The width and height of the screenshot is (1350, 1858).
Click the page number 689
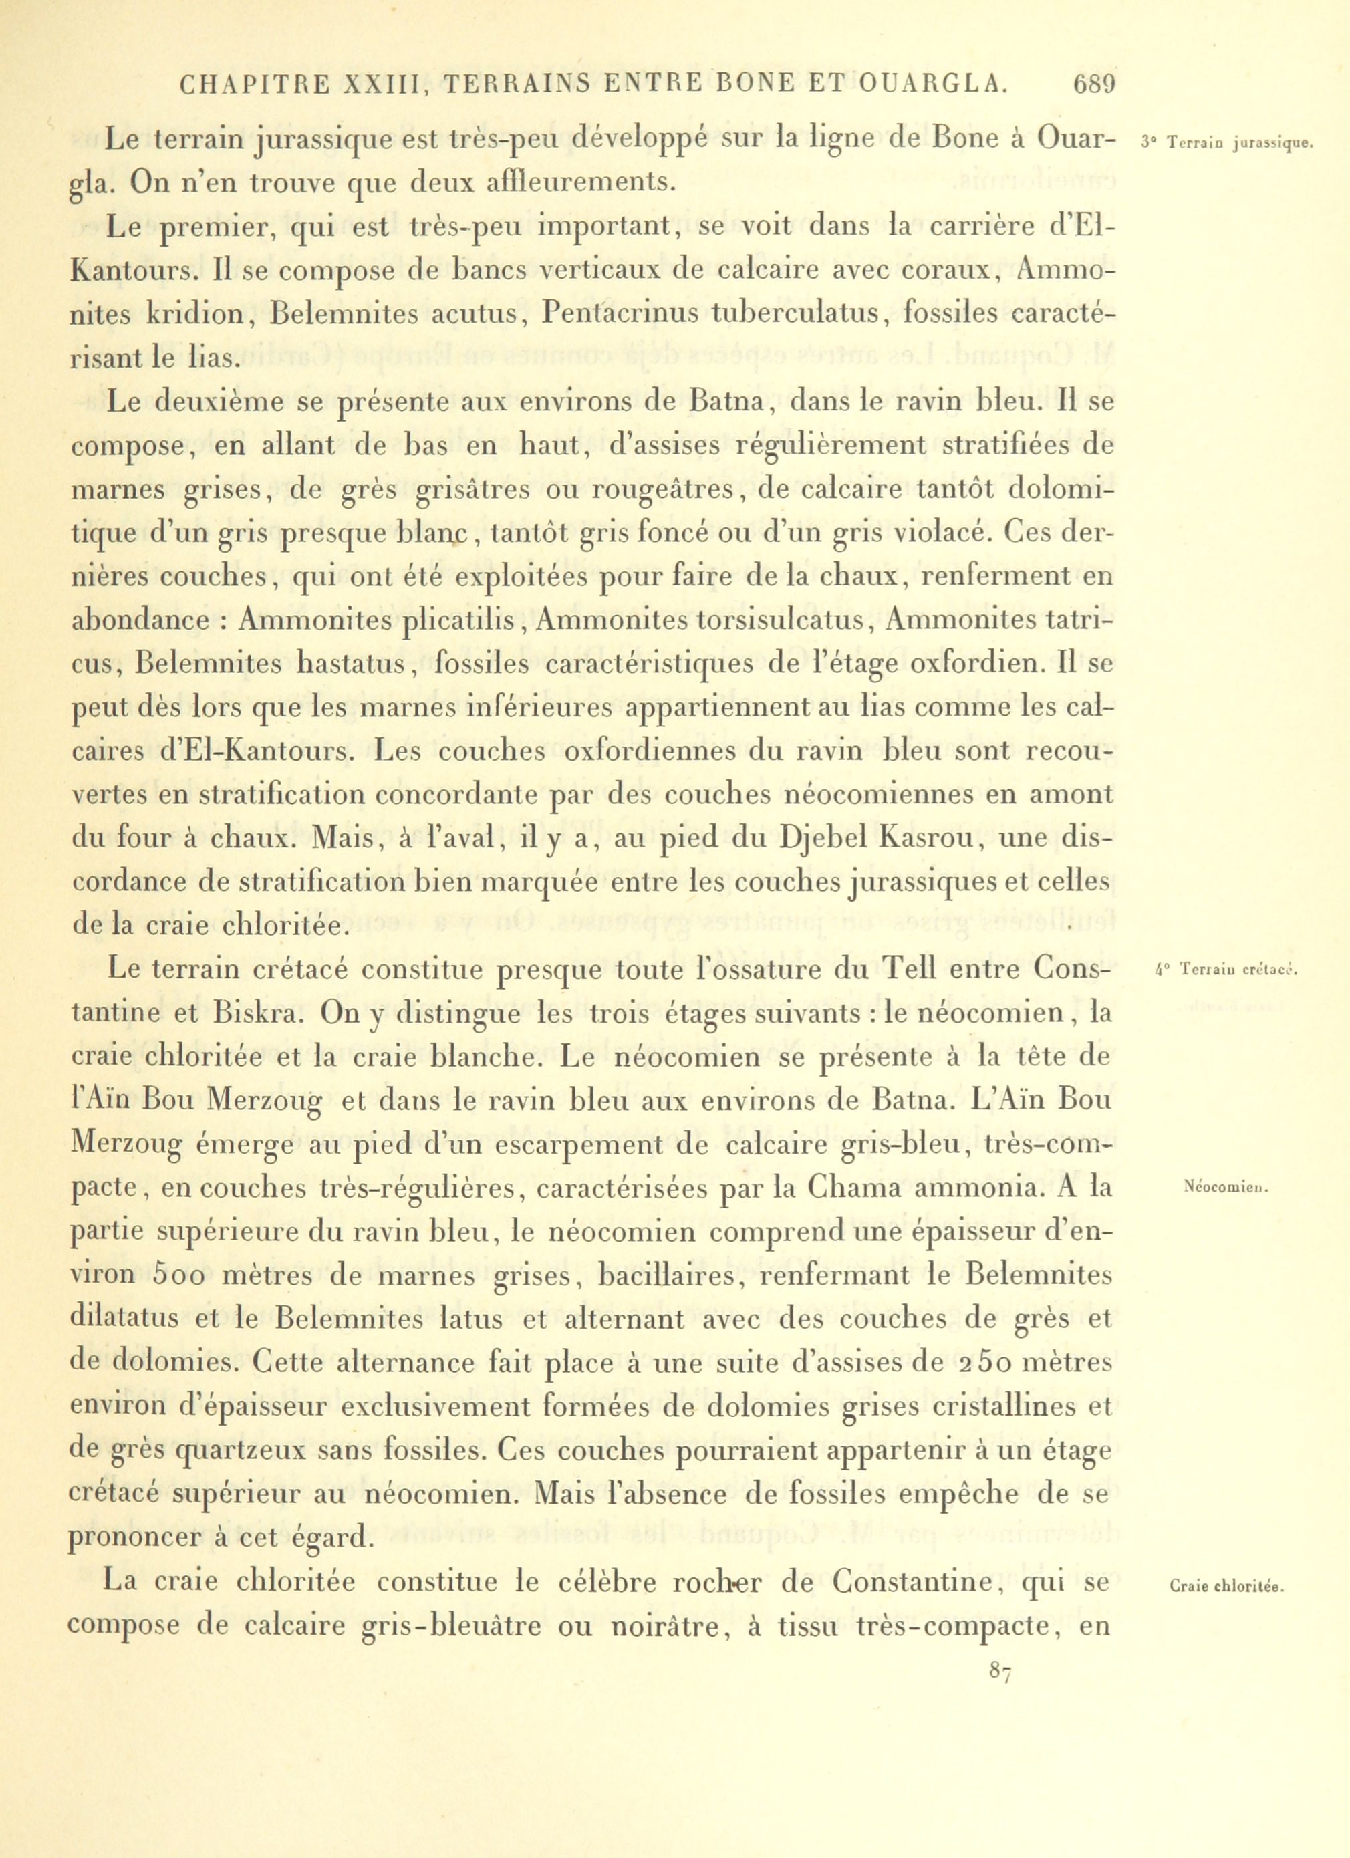1093,84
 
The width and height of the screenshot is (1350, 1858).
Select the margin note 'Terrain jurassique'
1226,144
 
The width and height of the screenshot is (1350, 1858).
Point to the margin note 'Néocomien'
1226,1187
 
